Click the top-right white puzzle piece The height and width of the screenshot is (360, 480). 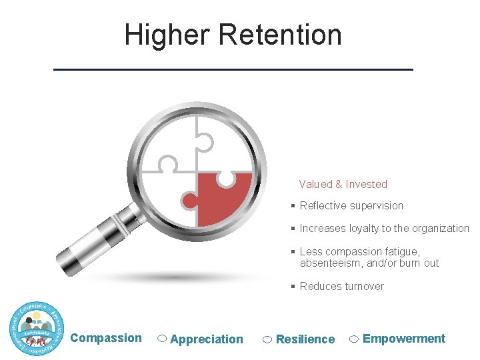(x=223, y=143)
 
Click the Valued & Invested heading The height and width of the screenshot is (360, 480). (x=343, y=184)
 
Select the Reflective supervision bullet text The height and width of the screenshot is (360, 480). (x=351, y=206)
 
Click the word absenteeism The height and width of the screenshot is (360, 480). (x=331, y=263)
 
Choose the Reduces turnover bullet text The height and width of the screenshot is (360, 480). (x=341, y=287)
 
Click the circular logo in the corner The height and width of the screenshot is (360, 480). (x=37, y=328)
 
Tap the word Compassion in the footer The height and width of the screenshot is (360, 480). (x=106, y=338)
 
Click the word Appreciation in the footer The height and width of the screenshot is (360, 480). (x=207, y=339)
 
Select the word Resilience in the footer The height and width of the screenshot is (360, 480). (x=305, y=339)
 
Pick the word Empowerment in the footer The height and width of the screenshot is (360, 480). (x=404, y=339)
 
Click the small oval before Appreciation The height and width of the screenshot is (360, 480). (x=162, y=339)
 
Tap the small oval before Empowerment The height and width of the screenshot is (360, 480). (x=355, y=339)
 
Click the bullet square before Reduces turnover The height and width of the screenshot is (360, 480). (x=293, y=287)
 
